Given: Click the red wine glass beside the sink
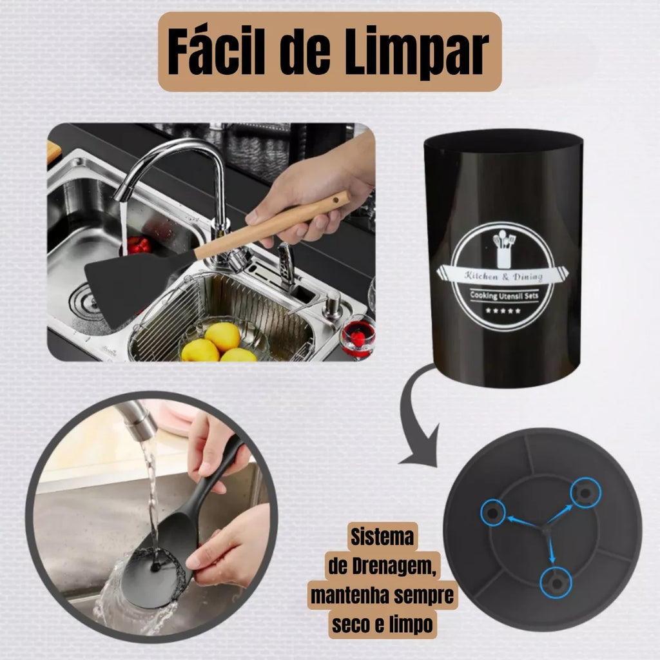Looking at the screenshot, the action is [x=358, y=336].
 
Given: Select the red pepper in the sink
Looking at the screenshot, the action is [x=139, y=245].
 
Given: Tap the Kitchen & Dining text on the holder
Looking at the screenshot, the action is [x=503, y=276].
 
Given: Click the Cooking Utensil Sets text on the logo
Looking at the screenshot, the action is [x=504, y=295].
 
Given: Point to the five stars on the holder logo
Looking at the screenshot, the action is [x=503, y=311].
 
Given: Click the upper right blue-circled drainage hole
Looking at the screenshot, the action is [x=585, y=492].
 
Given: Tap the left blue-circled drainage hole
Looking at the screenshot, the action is [x=493, y=512].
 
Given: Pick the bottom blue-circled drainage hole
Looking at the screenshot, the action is [x=556, y=583].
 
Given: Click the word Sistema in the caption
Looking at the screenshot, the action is [x=382, y=537].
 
